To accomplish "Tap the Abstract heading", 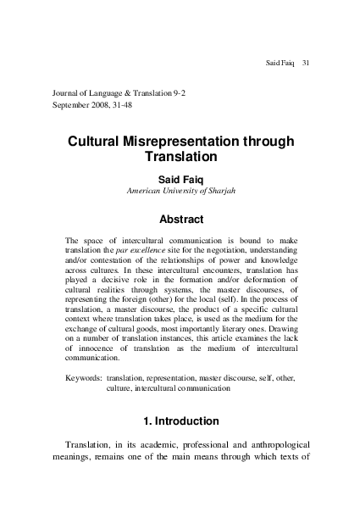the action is (x=180, y=219).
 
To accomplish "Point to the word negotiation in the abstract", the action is (x=218, y=252).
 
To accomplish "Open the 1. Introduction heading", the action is (x=180, y=420).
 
